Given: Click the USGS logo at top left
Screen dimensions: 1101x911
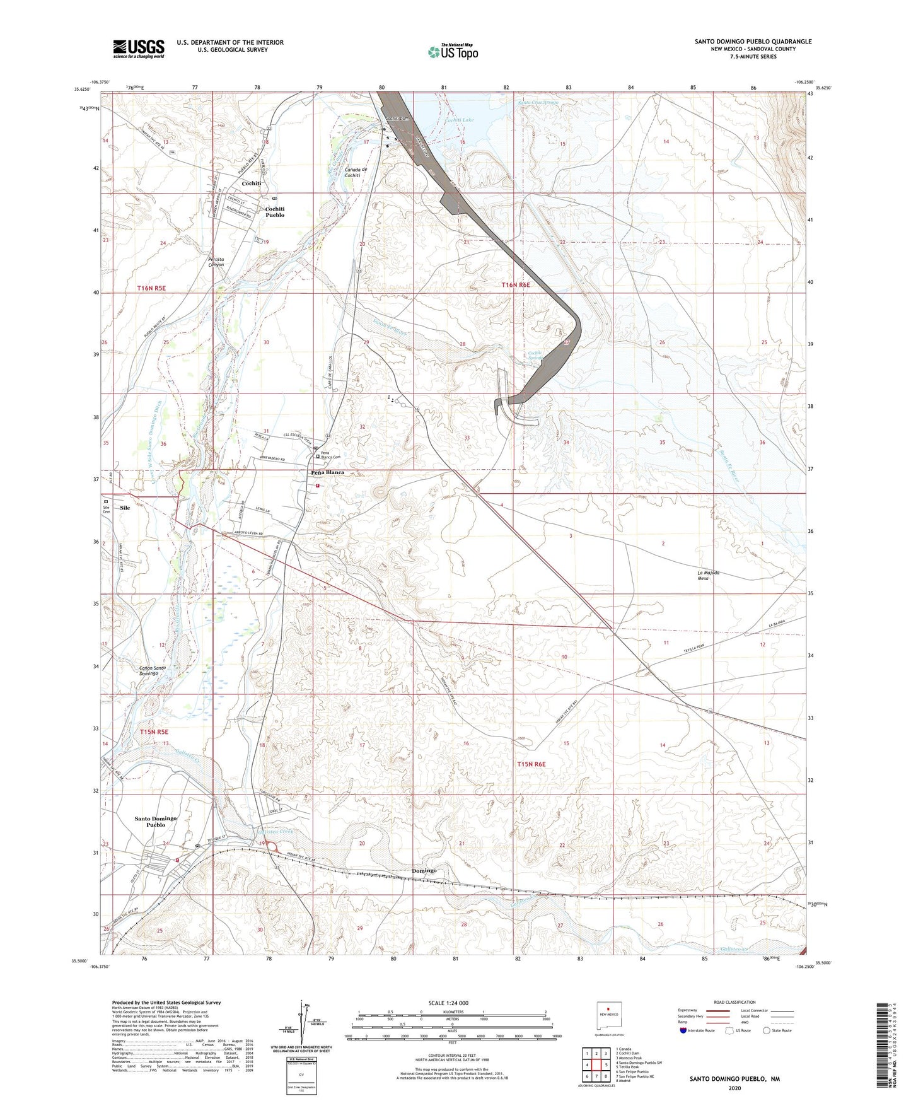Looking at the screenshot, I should click(x=139, y=49).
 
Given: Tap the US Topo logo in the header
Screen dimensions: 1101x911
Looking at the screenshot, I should click(x=452, y=52).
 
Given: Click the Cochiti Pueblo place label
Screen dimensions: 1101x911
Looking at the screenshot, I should click(x=275, y=212).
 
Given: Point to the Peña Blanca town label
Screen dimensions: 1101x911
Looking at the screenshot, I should click(x=327, y=472).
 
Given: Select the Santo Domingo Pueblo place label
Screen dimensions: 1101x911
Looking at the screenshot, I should click(x=156, y=821).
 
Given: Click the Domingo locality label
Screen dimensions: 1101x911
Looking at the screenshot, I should click(x=424, y=871).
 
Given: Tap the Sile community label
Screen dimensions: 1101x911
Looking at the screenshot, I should click(x=125, y=508).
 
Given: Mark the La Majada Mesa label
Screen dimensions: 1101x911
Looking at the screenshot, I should click(x=709, y=575).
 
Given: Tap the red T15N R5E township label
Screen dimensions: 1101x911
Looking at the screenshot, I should click(x=154, y=731).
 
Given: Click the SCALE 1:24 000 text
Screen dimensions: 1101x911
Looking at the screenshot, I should click(x=451, y=1003).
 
